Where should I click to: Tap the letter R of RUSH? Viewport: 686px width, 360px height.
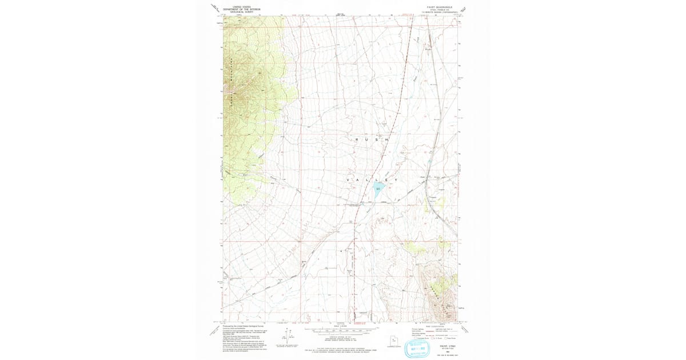(358, 139)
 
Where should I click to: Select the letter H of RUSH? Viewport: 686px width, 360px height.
(387, 139)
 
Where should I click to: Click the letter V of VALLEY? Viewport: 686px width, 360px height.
(348, 181)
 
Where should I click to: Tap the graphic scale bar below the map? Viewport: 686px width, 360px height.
(343, 330)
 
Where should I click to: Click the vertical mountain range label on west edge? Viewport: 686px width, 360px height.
(230, 80)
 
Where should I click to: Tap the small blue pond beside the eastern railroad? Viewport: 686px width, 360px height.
(429, 162)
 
